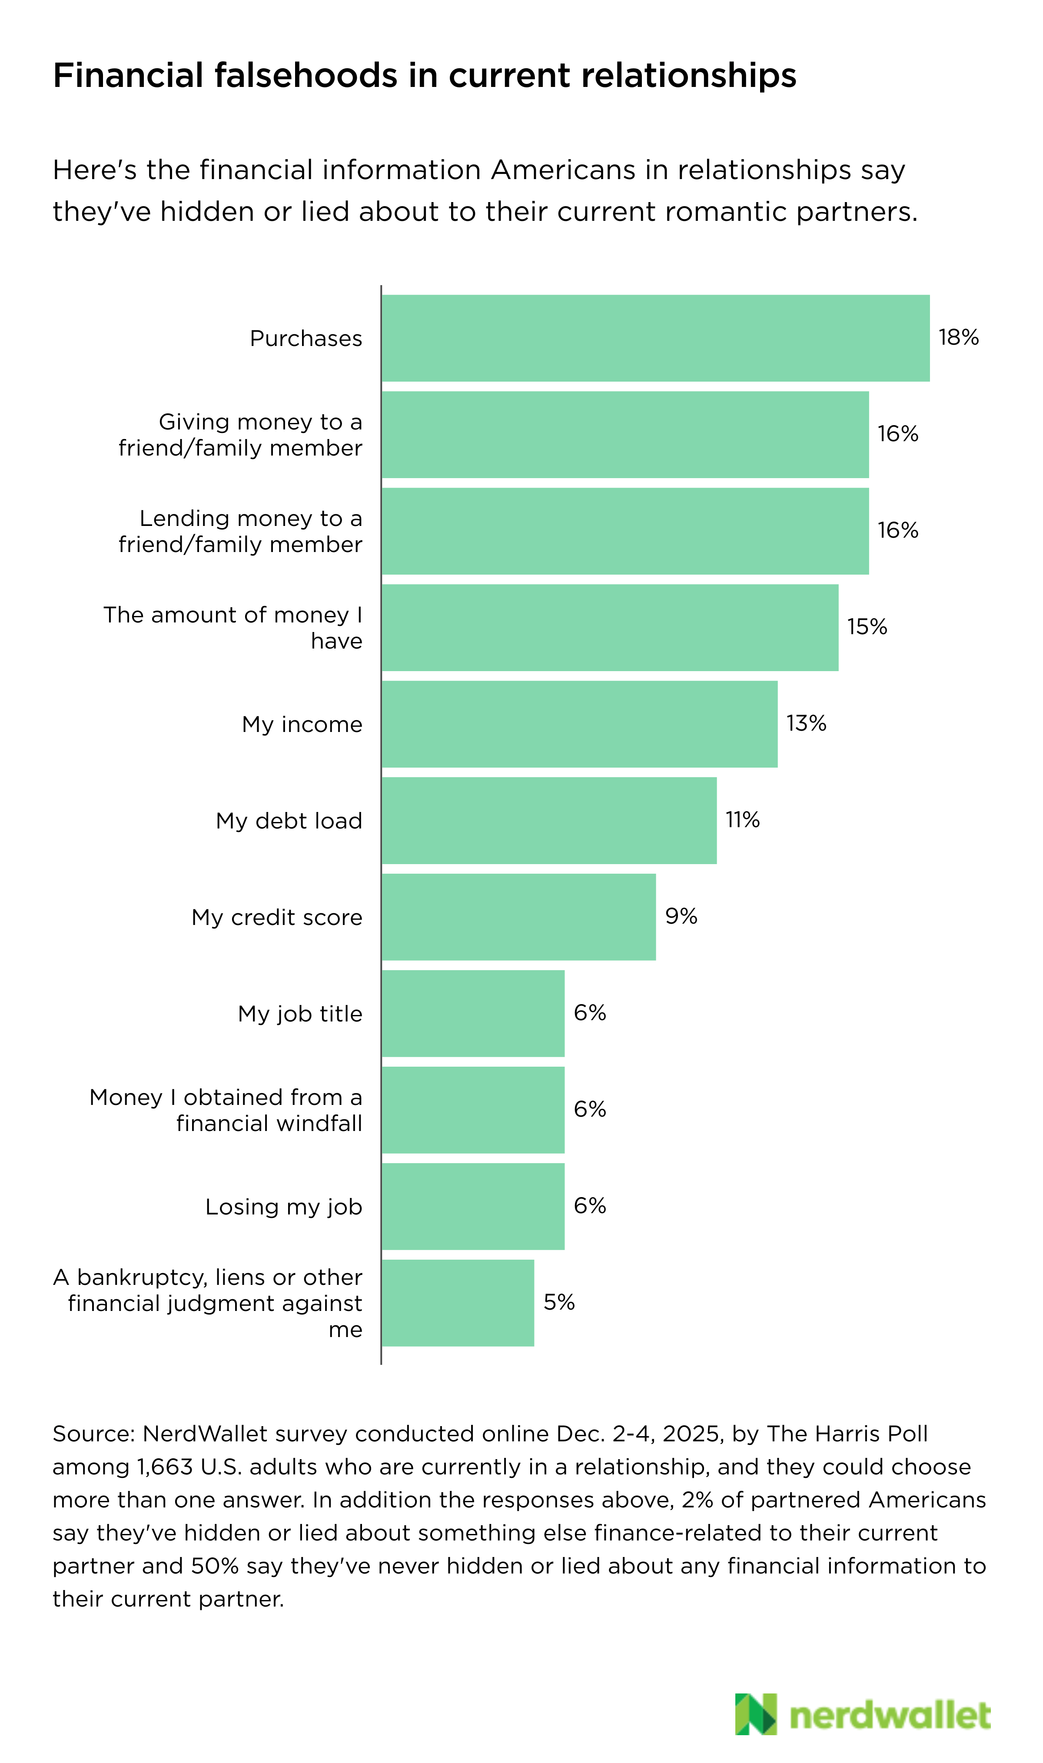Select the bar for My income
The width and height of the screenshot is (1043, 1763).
(x=579, y=724)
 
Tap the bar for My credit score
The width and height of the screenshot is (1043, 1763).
(x=519, y=917)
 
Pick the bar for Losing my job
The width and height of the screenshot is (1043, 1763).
(x=473, y=1206)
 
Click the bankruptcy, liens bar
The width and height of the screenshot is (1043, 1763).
(x=458, y=1303)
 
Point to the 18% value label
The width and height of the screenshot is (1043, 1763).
(x=959, y=337)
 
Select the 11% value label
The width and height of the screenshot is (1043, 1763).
(x=742, y=820)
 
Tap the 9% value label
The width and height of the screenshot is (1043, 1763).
(x=681, y=916)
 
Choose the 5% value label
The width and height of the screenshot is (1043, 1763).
(x=559, y=1302)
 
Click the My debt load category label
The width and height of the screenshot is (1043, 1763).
(x=289, y=821)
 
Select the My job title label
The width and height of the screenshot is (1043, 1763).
(x=300, y=1014)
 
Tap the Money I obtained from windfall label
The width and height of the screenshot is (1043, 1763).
(x=226, y=1110)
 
